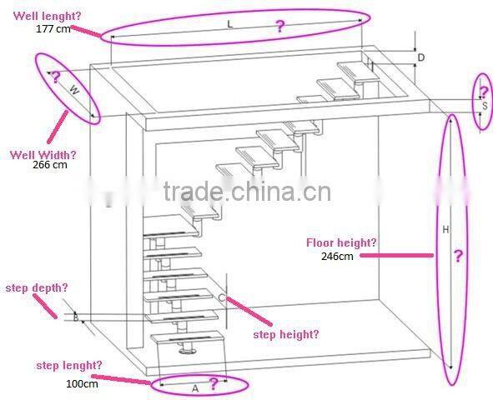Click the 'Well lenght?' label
coord(43,15)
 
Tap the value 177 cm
coord(53,27)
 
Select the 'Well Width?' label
coord(43,154)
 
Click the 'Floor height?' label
coord(341,242)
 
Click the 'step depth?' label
coord(37,287)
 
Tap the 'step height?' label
coord(285,334)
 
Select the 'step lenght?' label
coord(69,365)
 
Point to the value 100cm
coord(82,383)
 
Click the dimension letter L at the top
coord(230,25)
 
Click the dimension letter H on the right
coord(445,229)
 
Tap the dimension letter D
coord(421,57)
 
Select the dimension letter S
coord(484,107)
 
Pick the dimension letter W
coord(73,89)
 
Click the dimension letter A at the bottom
coord(195,387)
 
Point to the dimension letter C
coord(221,297)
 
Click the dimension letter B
coord(76,317)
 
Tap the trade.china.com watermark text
coord(247,192)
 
